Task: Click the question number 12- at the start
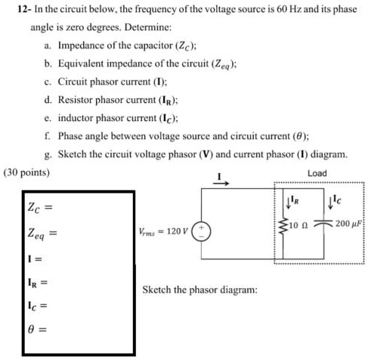[21, 10]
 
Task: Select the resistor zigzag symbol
[284, 225]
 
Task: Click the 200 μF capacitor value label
[350, 225]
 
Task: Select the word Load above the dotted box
[317, 173]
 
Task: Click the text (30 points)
[27, 172]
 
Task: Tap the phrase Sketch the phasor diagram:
[199, 290]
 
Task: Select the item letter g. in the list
[49, 155]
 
